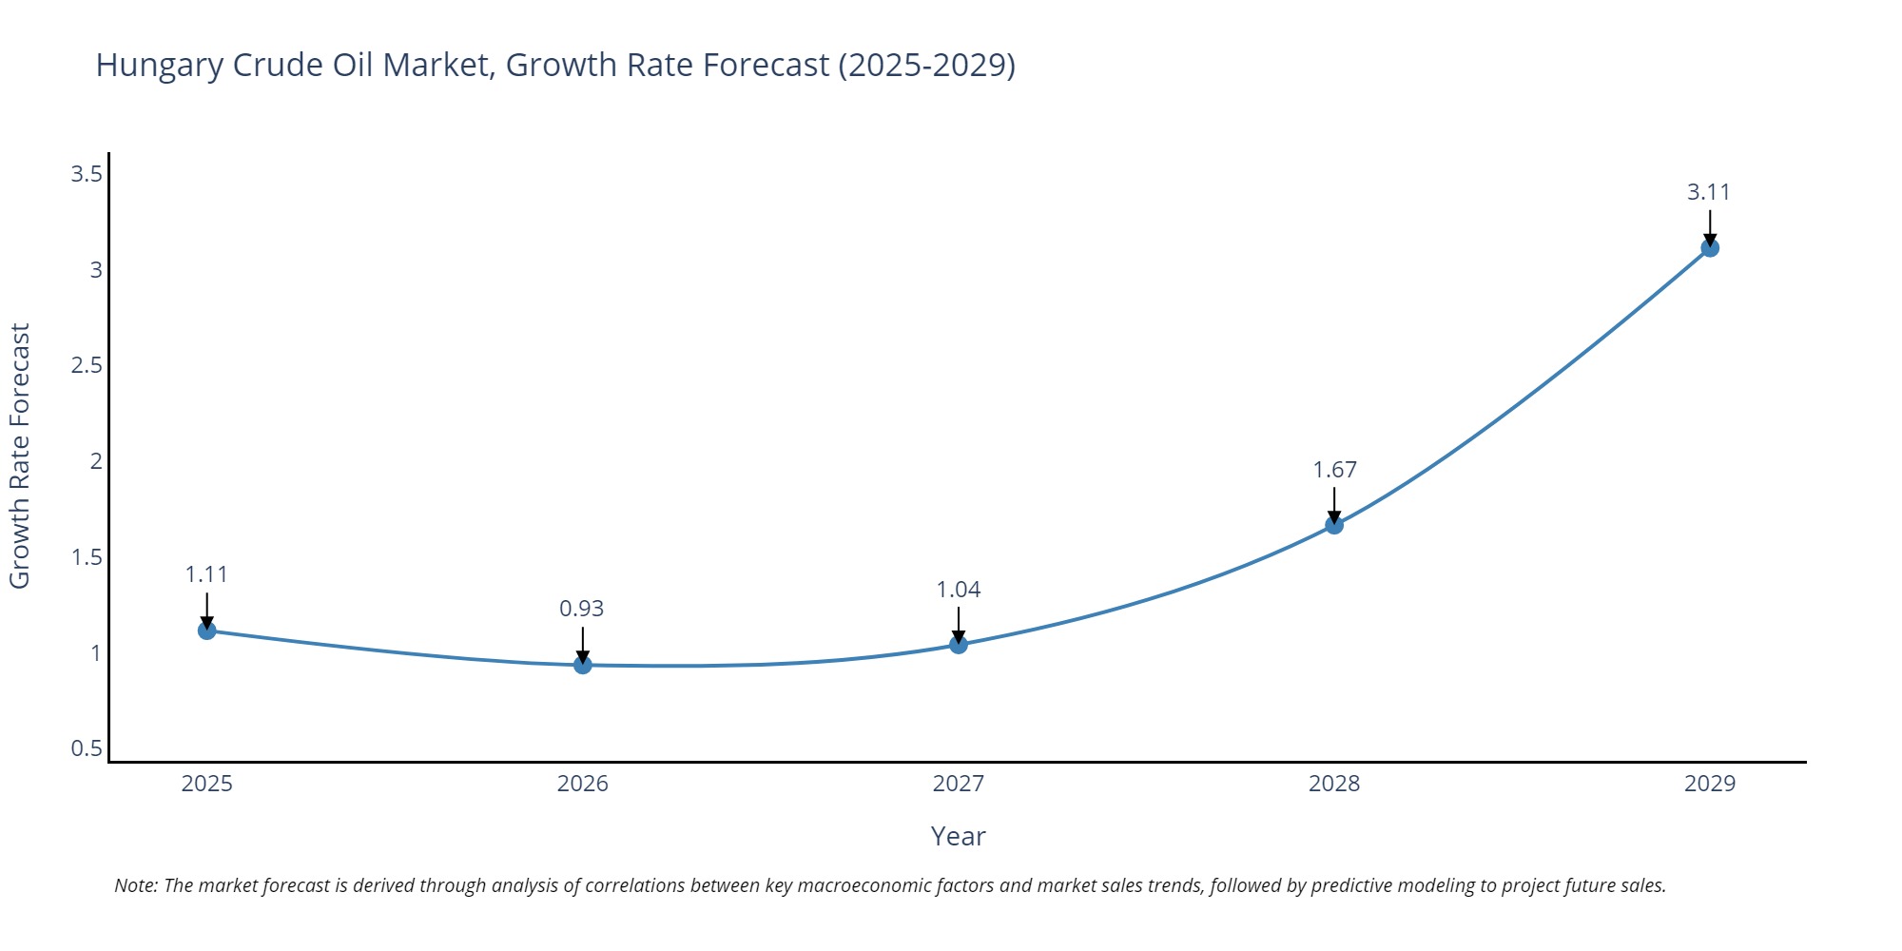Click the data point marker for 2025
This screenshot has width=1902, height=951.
tap(207, 631)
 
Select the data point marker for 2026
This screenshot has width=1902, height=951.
tap(583, 665)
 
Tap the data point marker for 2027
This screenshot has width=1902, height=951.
tap(959, 645)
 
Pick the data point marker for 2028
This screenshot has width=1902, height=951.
tap(1334, 525)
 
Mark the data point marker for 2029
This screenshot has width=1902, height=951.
tap(1710, 248)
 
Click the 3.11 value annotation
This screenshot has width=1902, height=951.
tap(1709, 192)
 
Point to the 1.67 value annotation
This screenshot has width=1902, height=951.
tap(1334, 470)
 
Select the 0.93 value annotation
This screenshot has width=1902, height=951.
tap(582, 609)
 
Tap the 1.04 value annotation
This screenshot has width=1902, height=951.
tap(959, 590)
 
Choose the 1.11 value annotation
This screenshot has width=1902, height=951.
tap(206, 574)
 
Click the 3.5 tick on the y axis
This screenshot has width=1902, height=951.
tap(87, 174)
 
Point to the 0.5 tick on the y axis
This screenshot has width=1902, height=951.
tap(87, 748)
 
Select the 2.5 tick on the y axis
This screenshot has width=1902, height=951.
tap(87, 365)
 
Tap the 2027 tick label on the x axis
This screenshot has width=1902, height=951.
tap(959, 784)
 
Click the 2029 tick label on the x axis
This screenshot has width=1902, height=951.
tap(1710, 784)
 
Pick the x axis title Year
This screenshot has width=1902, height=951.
tap(958, 836)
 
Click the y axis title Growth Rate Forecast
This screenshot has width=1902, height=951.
tap(20, 456)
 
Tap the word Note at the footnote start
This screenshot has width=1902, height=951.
tap(136, 885)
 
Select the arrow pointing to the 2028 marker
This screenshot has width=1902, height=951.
tap(1334, 504)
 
